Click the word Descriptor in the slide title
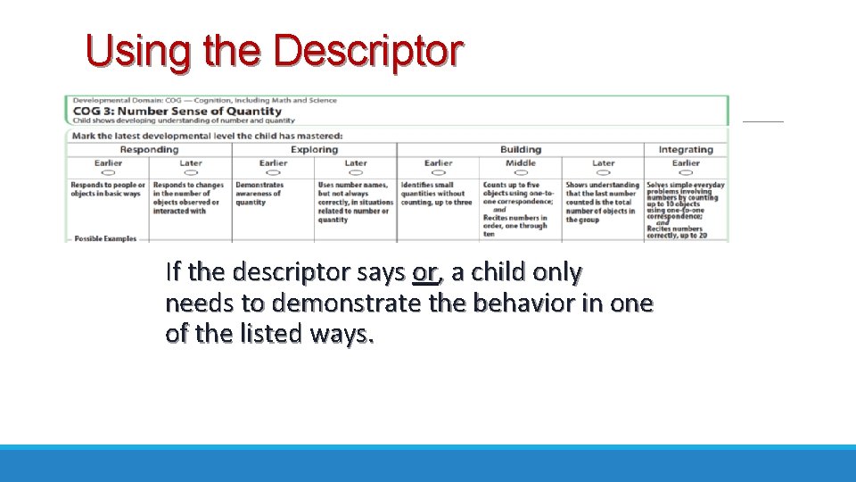pos(367,53)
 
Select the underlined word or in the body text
pos(425,271)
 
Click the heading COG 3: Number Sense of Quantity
pos(184,112)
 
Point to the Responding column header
pos(149,150)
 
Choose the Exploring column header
pos(314,150)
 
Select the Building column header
pos(520,150)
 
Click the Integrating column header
pos(685,150)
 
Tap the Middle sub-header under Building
pos(520,163)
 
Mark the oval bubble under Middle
pos(520,172)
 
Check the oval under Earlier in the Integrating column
pos(685,172)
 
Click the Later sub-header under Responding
pos(190,163)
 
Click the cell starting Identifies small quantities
pos(436,194)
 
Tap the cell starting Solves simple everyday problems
pos(685,209)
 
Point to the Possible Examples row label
pos(104,239)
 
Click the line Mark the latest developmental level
pos(207,136)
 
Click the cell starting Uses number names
pos(355,202)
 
